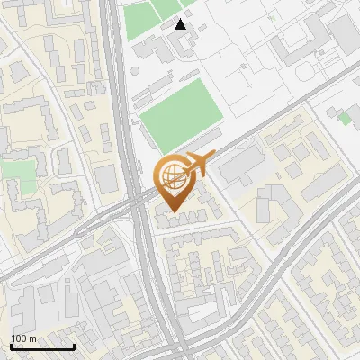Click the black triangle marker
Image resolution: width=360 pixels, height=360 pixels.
181,24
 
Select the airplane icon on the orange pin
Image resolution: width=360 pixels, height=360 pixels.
200,166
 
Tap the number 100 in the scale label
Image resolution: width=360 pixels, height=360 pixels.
19,338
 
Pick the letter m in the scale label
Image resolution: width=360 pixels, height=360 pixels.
32,338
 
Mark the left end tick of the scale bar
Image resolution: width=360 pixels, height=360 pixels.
11,345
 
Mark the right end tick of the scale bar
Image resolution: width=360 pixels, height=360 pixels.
74,345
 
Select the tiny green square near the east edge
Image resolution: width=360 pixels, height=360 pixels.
345,118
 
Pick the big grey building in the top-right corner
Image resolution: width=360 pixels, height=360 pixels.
346,31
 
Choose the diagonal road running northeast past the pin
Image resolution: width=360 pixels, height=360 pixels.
270,117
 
